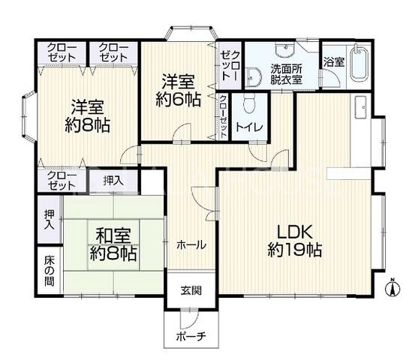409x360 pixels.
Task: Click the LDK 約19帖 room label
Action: pos(295,241)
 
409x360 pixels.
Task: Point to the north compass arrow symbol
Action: pos(392,287)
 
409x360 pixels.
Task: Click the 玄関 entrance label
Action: pos(191,290)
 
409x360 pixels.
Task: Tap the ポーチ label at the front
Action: pos(191,336)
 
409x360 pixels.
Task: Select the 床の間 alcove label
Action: pos(50,271)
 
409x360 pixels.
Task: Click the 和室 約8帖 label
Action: pos(113,244)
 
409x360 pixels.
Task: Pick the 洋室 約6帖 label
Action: pos(179,90)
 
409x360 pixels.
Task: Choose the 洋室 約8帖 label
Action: pos(87,115)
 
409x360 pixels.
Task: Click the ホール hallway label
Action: pos(191,245)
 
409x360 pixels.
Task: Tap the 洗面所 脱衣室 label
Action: pos(286,74)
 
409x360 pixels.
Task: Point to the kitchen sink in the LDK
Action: pos(360,107)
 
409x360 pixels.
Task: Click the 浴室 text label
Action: pos(334,62)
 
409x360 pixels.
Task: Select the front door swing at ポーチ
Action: pos(189,318)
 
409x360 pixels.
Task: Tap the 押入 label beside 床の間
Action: pos(50,220)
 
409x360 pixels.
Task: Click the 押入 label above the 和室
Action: pos(113,181)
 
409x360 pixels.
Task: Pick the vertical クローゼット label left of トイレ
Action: pos(224,117)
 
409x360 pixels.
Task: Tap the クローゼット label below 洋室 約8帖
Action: pos(62,181)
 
